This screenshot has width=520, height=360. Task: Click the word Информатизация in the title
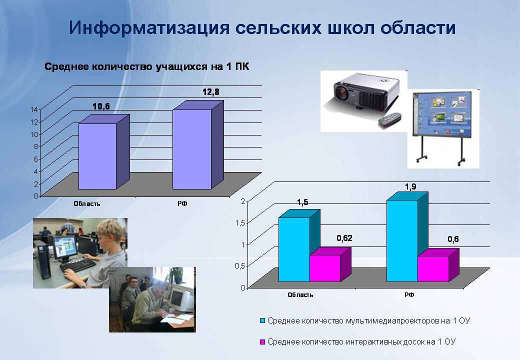click(x=149, y=27)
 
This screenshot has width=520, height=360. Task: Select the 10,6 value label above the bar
click(x=101, y=106)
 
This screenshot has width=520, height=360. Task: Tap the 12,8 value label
click(x=211, y=92)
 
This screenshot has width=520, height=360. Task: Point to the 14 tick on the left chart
click(x=34, y=109)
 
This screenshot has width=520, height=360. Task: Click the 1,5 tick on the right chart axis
click(x=240, y=223)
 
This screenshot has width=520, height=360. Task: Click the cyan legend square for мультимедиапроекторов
click(x=262, y=321)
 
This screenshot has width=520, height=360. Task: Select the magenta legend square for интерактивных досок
click(x=262, y=342)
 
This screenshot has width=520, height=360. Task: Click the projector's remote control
click(x=390, y=119)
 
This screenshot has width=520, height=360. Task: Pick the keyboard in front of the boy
click(x=77, y=265)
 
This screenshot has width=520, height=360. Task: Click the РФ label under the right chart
click(x=409, y=294)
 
